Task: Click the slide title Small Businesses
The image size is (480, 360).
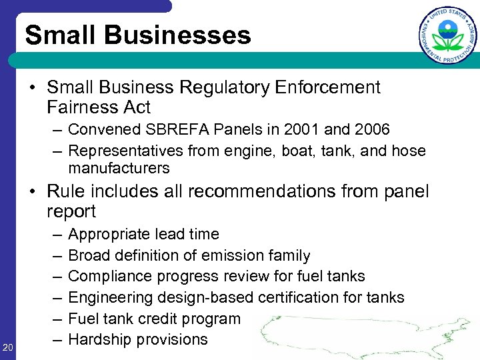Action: pos(138,35)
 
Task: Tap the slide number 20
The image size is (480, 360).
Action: pos(8,346)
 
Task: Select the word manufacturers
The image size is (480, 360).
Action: pos(119,168)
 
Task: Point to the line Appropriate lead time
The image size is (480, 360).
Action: pos(143,234)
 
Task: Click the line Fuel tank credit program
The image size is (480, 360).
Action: pos(154,319)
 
